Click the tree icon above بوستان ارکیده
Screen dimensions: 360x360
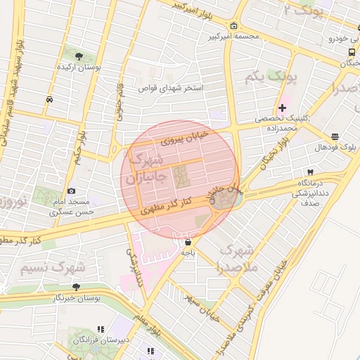[78, 55]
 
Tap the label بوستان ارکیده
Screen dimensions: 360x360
[78, 68]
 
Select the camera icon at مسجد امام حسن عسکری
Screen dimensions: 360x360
[71, 191]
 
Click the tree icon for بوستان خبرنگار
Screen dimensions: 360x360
[76, 286]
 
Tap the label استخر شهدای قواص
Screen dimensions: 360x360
[170, 89]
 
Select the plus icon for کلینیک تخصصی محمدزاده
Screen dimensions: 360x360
[282, 108]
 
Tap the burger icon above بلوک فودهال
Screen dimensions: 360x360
[334, 136]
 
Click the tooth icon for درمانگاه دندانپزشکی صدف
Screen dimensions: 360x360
[309, 172]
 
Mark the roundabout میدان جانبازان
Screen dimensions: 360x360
[225, 198]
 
